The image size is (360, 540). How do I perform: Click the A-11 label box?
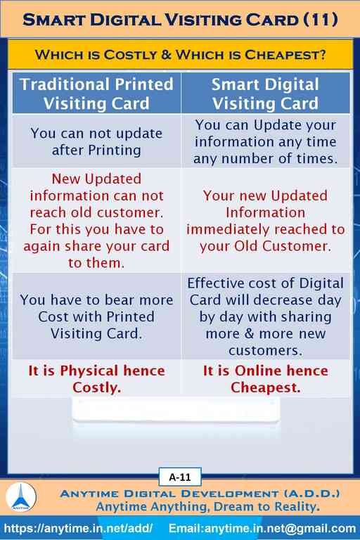[180, 477]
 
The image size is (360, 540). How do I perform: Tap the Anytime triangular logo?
[20, 496]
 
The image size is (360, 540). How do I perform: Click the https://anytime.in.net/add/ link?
[78, 528]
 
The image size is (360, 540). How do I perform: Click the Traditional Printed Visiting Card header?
[96, 94]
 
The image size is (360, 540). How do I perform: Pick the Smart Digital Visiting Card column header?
[265, 94]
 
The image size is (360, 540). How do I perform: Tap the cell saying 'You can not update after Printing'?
[96, 141]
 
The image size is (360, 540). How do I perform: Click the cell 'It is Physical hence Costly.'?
[96, 379]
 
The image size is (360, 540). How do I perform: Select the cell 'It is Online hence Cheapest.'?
[265, 379]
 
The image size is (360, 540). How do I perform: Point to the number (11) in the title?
[321, 20]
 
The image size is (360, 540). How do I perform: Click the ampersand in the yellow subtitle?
[166, 54]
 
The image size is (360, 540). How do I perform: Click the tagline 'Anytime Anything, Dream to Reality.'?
[207, 506]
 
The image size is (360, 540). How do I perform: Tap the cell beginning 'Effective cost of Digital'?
[265, 316]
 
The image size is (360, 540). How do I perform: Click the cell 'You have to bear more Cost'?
[96, 316]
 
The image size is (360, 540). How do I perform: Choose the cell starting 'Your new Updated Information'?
[265, 220]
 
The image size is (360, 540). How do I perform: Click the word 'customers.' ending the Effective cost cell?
[265, 350]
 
